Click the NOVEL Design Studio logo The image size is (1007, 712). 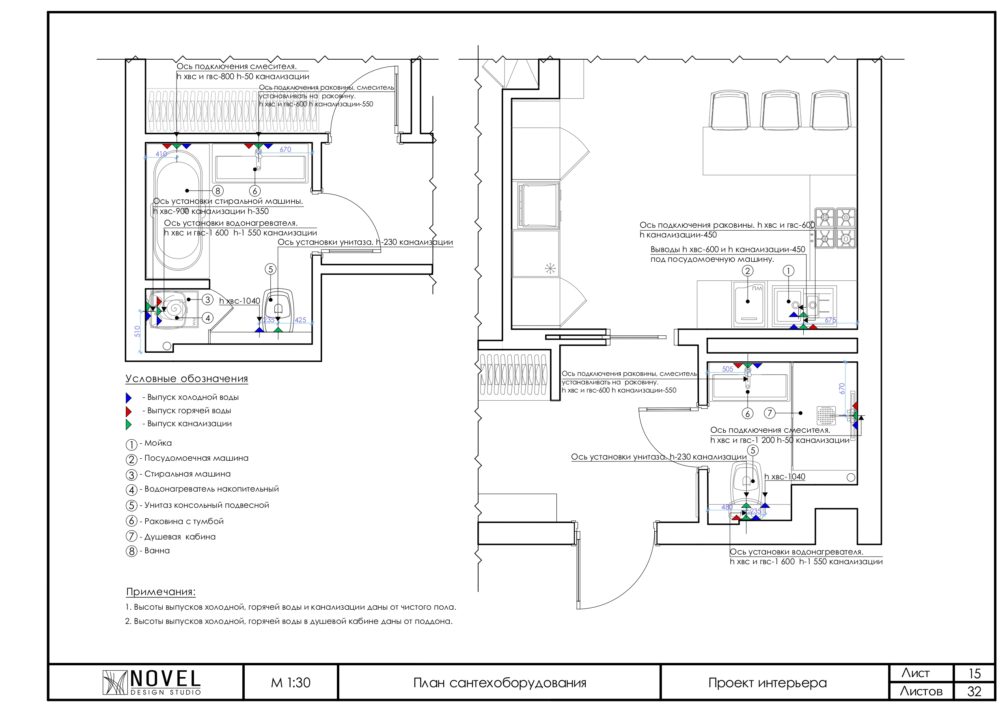152,682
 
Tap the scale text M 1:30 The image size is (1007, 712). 290,683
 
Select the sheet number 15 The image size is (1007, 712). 974,673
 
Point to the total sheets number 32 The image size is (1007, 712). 974,691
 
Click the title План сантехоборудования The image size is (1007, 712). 500,683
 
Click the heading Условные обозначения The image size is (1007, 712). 187,379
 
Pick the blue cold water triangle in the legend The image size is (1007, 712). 129,398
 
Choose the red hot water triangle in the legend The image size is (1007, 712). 129,411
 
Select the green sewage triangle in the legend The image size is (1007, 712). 129,424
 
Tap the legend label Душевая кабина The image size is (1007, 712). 180,537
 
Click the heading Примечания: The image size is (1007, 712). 160,592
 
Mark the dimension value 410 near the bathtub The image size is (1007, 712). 161,154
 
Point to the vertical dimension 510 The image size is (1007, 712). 137,331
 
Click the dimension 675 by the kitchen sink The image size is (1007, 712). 830,320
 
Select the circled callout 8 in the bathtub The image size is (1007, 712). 218,191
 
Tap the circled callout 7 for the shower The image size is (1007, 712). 769,413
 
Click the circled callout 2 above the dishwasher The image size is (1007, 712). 747,271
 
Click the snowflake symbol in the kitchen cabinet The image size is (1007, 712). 550,268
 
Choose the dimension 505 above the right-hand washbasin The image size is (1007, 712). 728,369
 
